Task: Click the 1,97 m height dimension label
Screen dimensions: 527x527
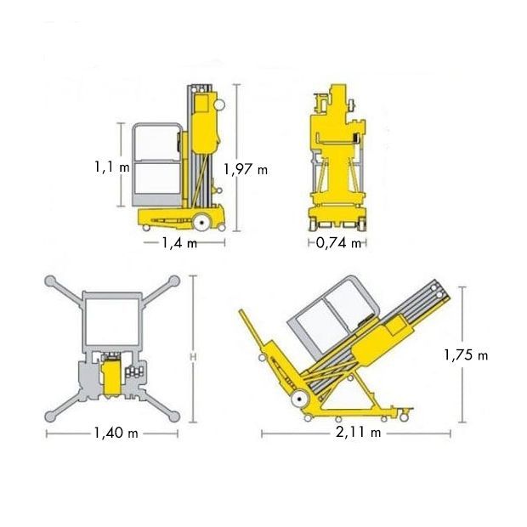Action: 246,169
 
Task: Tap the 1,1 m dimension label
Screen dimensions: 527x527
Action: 112,167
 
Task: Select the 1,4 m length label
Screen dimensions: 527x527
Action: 179,242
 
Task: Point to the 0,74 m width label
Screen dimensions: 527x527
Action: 338,242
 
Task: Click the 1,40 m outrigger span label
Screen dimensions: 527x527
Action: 116,433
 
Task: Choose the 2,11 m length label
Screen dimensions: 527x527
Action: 359,433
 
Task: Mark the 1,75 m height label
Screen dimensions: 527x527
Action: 466,355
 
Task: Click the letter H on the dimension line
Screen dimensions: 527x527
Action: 193,357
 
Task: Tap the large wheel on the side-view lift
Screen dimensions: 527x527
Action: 201,222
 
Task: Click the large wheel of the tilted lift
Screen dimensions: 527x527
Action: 299,399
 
